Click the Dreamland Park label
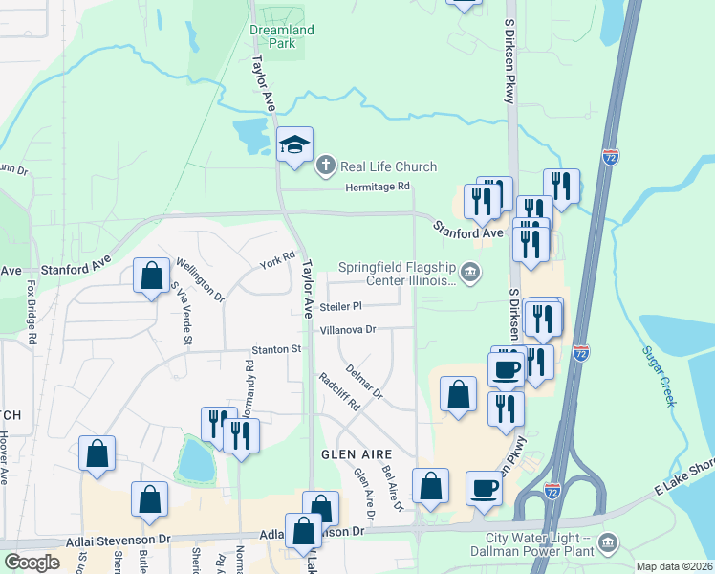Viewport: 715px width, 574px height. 281,36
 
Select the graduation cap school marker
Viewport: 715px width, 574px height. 295,145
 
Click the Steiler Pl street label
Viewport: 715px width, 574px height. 341,307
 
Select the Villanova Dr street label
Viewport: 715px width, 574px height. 349,329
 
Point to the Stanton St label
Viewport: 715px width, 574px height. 276,350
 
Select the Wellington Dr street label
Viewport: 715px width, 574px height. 200,279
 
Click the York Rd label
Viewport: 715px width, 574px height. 277,259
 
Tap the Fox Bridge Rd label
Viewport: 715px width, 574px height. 32,312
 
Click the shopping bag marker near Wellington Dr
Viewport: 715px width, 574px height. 151,276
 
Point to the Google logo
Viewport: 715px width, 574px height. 32,563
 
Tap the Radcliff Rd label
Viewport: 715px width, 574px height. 338,390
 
